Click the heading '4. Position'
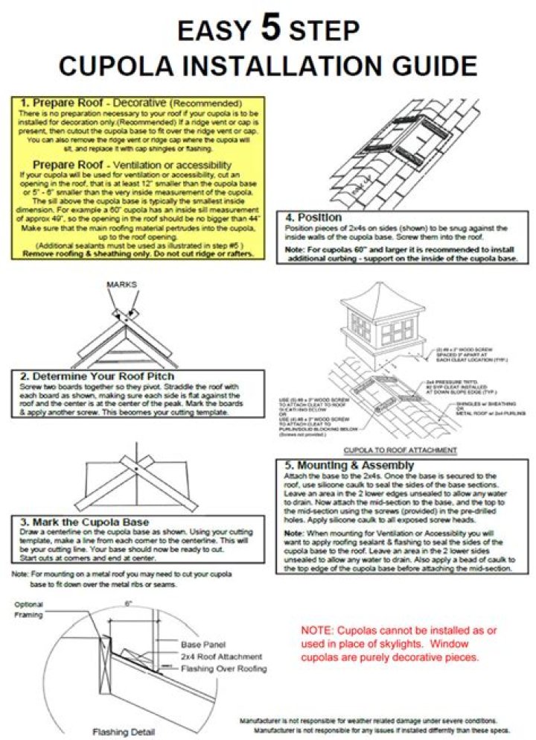tap(315, 217)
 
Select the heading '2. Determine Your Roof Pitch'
tap(98, 376)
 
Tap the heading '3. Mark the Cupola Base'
tap(85, 522)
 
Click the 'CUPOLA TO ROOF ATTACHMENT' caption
tap(400, 450)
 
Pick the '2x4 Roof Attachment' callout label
tap(222, 657)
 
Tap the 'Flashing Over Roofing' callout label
tap(224, 668)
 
